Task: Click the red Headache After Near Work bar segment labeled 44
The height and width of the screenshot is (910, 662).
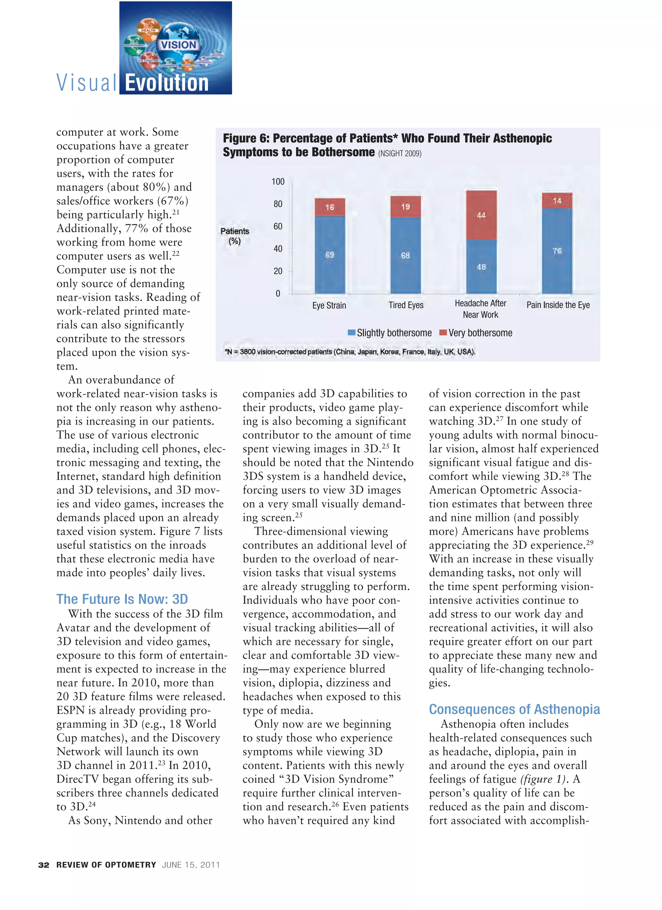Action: coord(481,216)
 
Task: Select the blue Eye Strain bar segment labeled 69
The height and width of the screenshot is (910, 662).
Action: coord(329,255)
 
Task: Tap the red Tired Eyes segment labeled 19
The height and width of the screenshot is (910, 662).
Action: coord(405,207)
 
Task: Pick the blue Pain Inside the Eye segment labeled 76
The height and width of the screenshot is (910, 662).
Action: coord(557,251)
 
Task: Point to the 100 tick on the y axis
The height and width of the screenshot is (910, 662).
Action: coord(278,182)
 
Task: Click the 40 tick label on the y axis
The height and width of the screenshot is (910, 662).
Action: coord(278,249)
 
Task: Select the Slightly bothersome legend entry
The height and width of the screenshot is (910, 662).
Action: coord(390,333)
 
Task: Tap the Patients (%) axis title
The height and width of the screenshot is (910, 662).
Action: coord(235,236)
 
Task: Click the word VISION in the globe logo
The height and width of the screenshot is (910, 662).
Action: coord(178,45)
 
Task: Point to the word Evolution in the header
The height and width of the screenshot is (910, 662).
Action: coord(166,83)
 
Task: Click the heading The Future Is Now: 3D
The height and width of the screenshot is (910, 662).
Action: coord(122,599)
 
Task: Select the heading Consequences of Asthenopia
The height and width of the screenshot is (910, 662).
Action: coord(514,709)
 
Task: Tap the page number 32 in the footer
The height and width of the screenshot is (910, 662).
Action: coord(44,865)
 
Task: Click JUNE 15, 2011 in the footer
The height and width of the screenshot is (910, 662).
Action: coord(191,865)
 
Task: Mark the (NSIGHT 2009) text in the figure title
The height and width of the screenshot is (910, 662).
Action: coord(400,153)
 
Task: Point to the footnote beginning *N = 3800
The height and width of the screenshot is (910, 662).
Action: coord(349,352)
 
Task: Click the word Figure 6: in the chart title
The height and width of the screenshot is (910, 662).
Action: coord(246,138)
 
